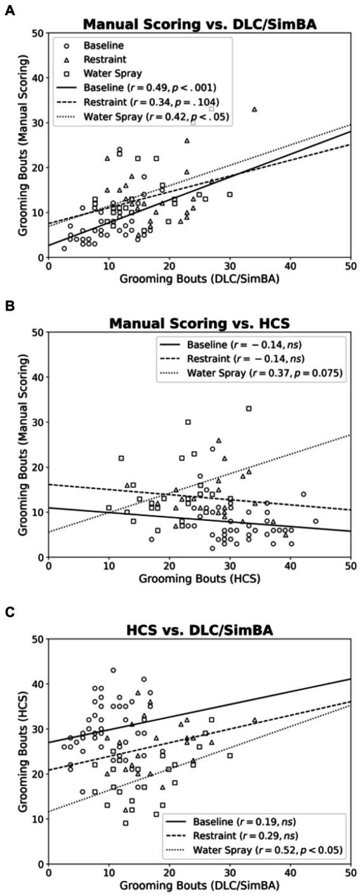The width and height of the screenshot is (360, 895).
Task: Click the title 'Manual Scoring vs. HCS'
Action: coord(199,323)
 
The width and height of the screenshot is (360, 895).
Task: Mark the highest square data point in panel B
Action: coord(249,408)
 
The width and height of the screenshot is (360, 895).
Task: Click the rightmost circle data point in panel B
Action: coord(316,521)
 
